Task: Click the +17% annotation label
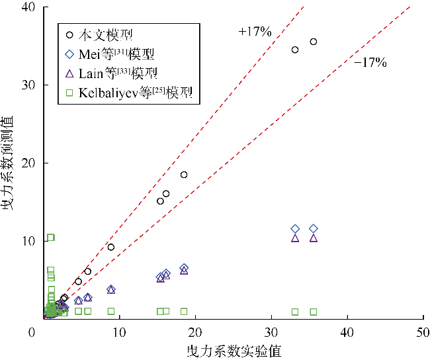[255, 31]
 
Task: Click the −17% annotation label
[370, 63]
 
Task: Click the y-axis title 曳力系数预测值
[9, 163]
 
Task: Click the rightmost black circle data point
[313, 42]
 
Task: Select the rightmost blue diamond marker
[313, 229]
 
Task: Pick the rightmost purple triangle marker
[313, 238]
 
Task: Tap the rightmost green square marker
[313, 312]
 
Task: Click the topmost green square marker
[50, 238]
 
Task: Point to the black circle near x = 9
[111, 247]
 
